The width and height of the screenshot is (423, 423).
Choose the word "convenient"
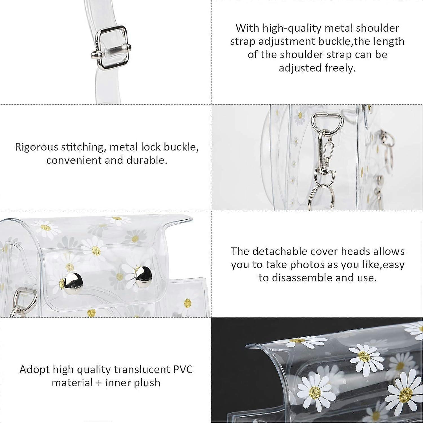(x=74, y=160)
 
